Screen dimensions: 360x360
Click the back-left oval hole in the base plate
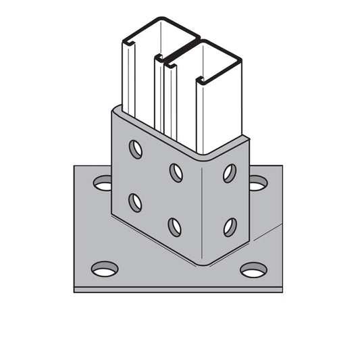point(103,182)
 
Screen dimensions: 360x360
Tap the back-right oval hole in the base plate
point(258,182)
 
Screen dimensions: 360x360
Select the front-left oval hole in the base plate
point(104,269)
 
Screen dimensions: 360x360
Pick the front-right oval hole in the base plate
point(253,270)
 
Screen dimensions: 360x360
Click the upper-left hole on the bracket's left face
point(136,149)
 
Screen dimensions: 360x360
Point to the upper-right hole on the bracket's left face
point(176,172)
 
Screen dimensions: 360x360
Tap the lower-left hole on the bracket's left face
point(136,202)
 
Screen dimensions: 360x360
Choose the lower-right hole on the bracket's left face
point(175,226)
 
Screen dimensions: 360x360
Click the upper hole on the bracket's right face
point(230,173)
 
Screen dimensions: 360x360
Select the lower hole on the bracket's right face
point(230,226)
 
